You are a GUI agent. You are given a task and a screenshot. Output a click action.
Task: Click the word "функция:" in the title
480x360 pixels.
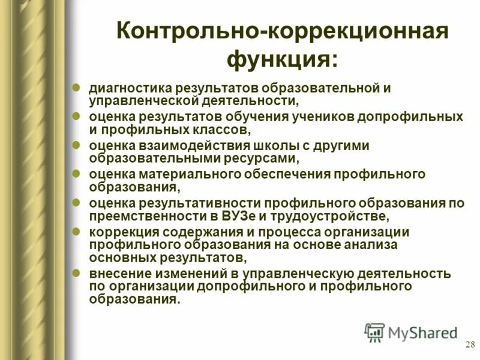coord(282,59)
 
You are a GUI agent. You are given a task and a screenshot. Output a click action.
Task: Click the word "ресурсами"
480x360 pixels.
coord(265,158)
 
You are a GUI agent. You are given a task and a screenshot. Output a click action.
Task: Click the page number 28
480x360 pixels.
coord(470,345)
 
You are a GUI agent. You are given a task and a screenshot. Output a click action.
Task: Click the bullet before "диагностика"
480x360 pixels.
coord(76,87)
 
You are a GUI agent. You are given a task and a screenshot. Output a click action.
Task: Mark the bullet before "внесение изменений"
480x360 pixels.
coord(76,272)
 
